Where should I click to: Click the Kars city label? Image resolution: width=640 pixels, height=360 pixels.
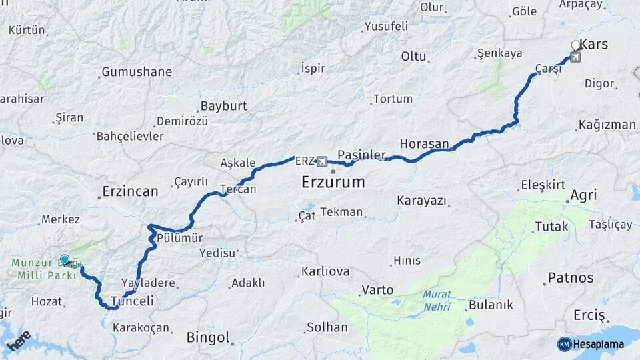point(594,45)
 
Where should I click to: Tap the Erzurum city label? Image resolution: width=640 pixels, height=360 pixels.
point(333,181)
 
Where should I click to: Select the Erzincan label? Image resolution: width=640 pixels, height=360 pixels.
point(130,192)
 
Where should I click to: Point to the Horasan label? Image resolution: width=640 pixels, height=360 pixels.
point(425,143)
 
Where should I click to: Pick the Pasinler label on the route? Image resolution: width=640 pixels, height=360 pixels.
point(361,155)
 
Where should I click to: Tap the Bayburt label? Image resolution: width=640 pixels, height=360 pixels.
point(223,106)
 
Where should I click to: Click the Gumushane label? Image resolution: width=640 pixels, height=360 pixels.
point(136,72)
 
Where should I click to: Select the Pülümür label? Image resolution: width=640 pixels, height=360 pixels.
point(180,238)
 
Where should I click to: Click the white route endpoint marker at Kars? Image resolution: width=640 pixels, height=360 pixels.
point(576,46)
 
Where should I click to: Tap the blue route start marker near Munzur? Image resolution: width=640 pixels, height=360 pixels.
point(65,259)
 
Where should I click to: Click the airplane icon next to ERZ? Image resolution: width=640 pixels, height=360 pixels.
point(323,161)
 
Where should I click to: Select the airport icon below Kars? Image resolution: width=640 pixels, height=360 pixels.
point(575,57)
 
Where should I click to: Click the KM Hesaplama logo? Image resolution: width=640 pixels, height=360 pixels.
point(591,344)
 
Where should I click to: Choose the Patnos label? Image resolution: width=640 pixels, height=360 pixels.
point(570,278)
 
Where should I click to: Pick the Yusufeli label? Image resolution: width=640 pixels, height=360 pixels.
point(386,27)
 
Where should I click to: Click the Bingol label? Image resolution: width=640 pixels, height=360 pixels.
point(208,337)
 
